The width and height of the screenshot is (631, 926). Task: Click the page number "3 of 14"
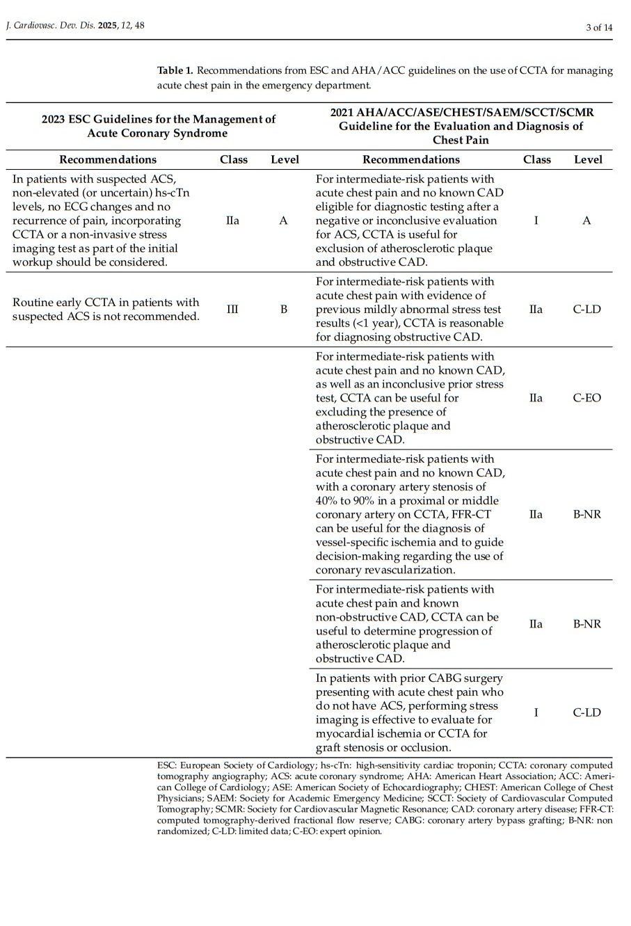click(599, 28)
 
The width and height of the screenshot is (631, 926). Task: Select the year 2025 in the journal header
click(108, 26)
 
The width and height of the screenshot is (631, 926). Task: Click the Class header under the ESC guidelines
click(233, 159)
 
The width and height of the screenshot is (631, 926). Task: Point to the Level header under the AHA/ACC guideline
click(587, 159)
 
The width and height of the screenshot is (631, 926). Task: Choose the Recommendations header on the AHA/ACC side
click(411, 159)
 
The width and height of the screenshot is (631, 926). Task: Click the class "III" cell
click(232, 309)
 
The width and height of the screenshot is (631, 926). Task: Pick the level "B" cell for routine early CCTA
click(283, 309)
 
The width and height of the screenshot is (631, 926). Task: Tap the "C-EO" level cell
click(586, 398)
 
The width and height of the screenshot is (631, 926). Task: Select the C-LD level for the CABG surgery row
click(586, 712)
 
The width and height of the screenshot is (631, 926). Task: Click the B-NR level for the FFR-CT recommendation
click(586, 514)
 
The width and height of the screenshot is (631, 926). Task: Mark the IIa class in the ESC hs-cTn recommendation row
click(232, 221)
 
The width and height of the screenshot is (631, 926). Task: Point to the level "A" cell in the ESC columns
click(283, 221)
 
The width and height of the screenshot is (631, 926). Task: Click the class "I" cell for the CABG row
click(536, 712)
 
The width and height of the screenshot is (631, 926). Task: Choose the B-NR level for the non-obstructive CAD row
click(586, 624)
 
